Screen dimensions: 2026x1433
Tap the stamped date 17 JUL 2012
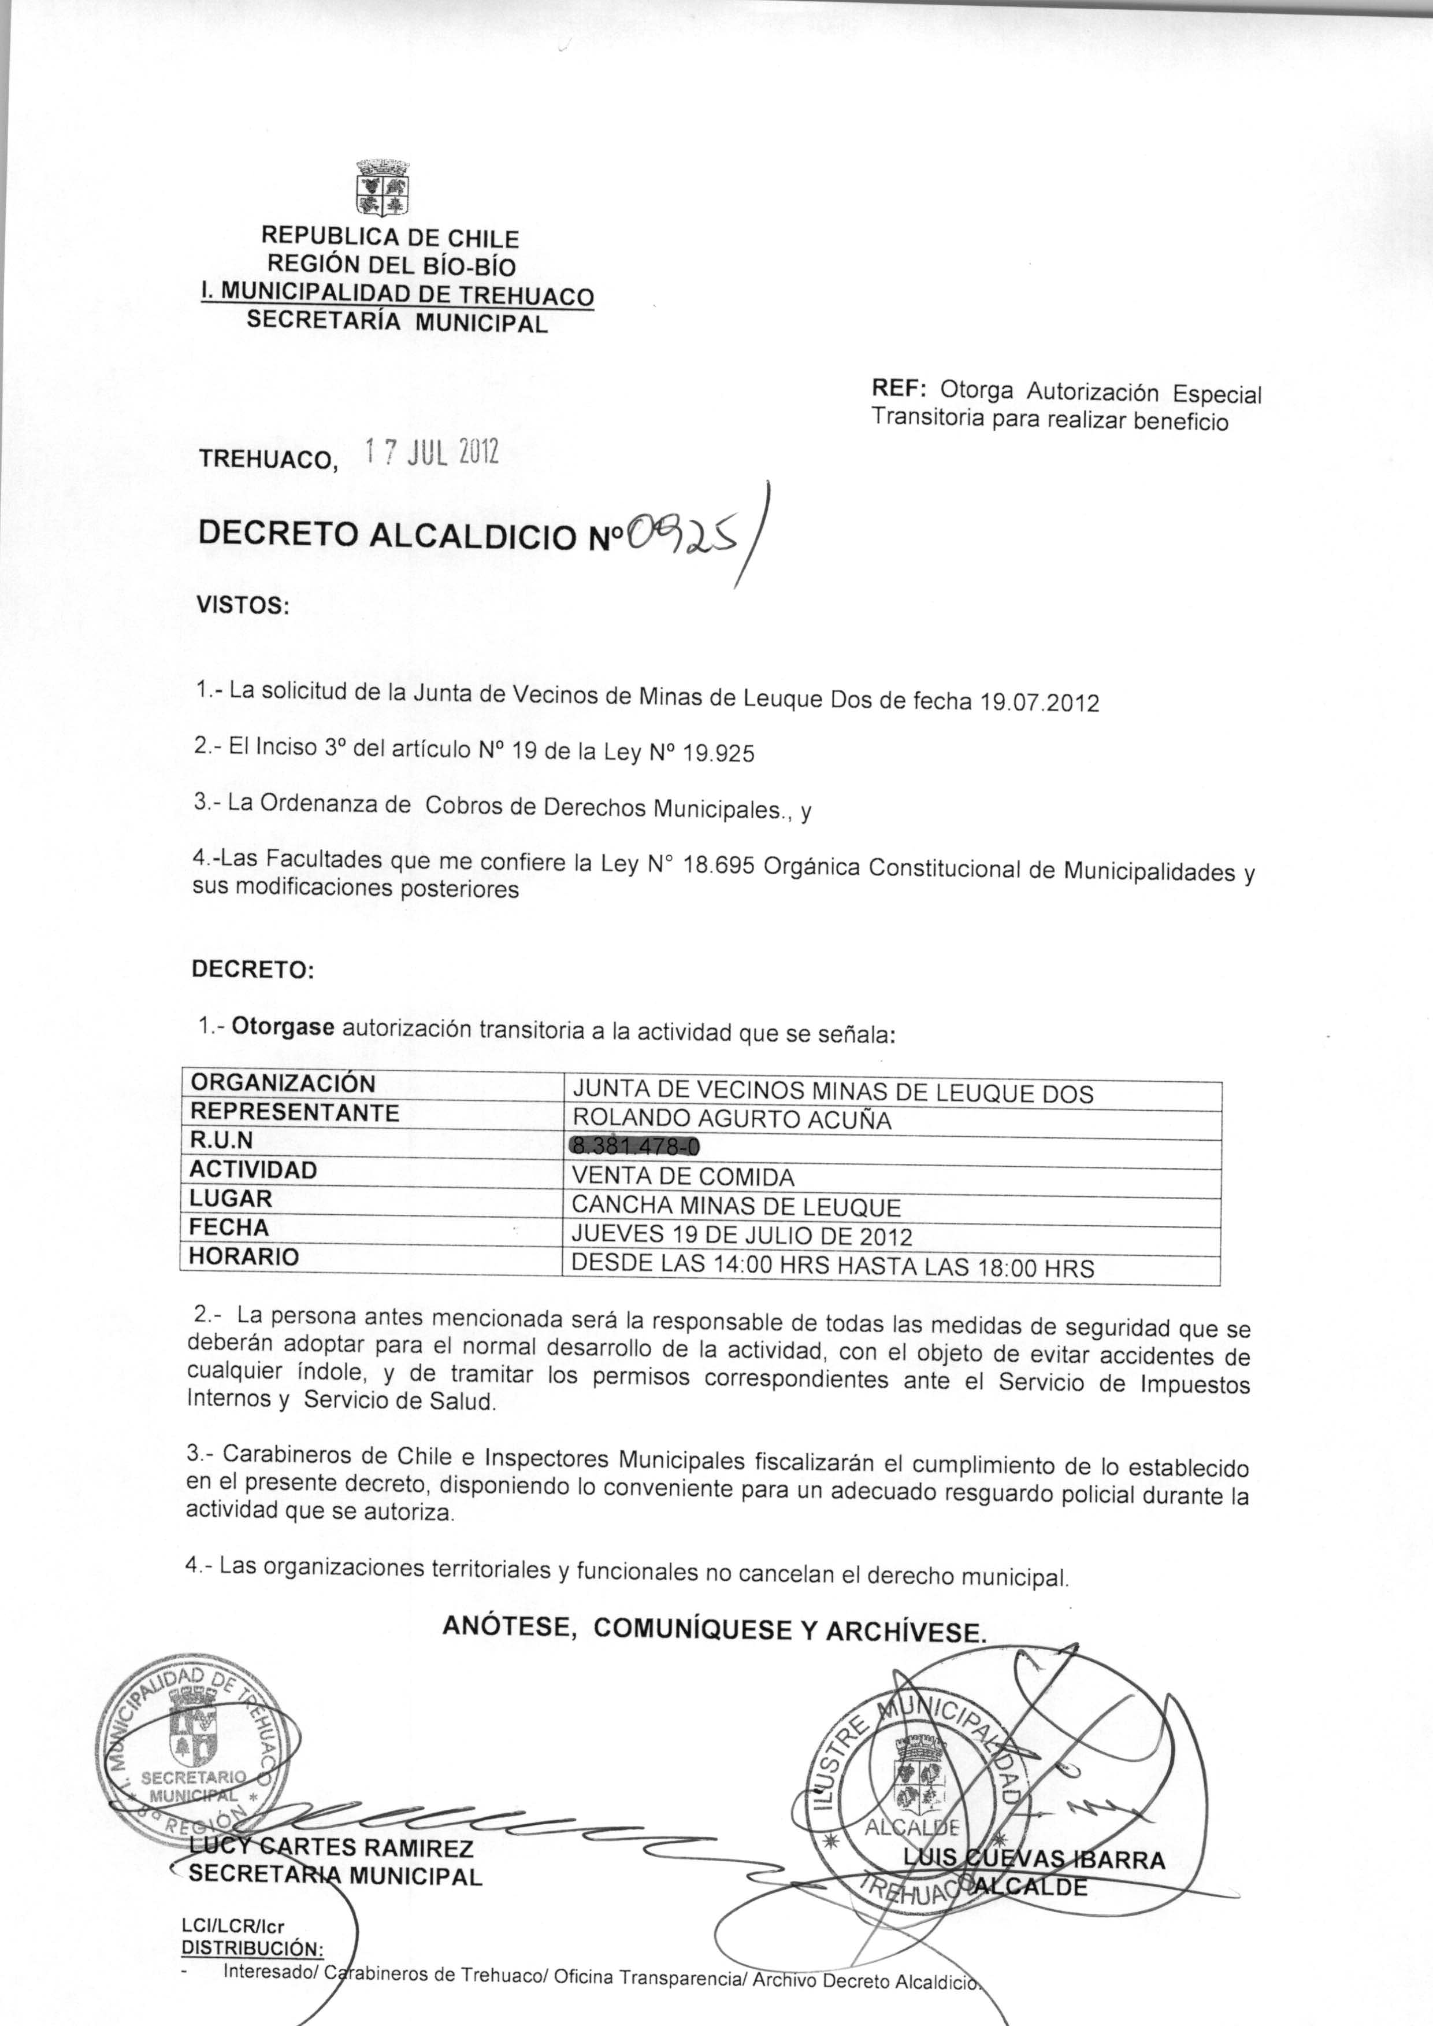tap(432, 452)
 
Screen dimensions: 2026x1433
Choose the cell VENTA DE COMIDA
tap(683, 1177)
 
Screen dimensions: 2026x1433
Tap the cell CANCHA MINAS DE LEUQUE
tap(736, 1206)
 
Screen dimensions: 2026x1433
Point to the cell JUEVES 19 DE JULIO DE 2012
tap(741, 1236)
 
